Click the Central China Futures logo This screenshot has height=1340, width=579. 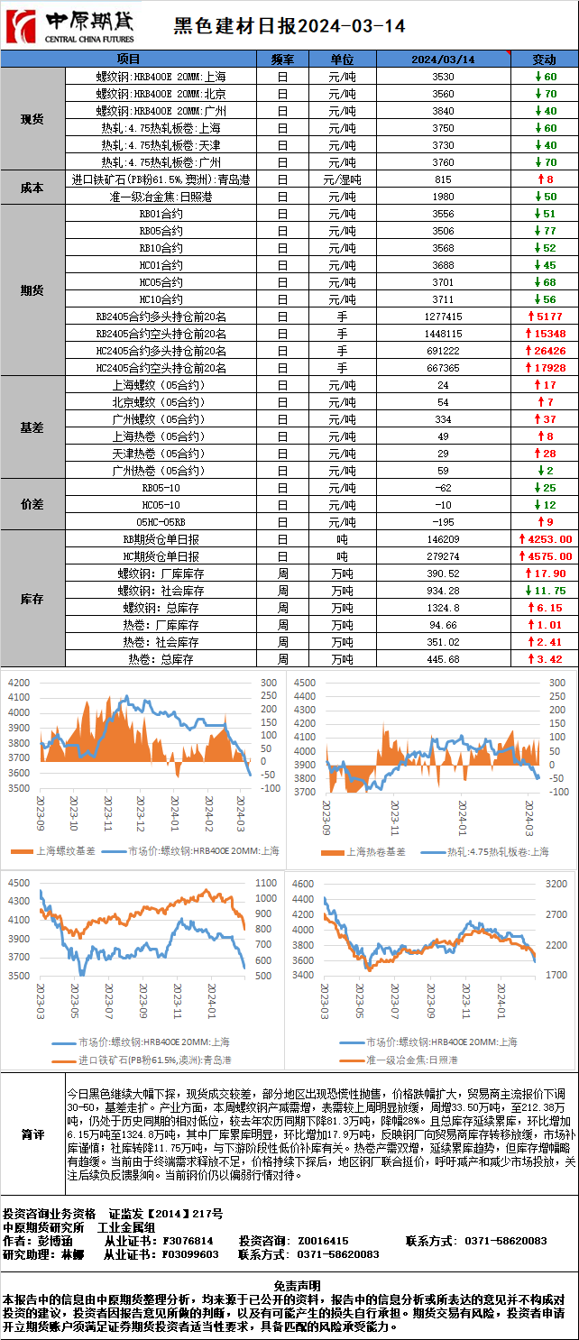70,25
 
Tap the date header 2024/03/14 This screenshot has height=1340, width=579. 443,59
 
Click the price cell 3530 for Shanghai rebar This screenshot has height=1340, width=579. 443,77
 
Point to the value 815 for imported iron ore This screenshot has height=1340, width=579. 443,179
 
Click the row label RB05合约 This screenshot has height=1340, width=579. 161,231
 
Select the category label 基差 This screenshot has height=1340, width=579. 32,427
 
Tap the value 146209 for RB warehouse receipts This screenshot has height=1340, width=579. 443,539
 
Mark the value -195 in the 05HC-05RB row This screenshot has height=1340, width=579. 443,522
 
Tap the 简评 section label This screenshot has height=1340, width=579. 32,1133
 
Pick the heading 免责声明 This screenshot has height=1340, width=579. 289,1285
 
